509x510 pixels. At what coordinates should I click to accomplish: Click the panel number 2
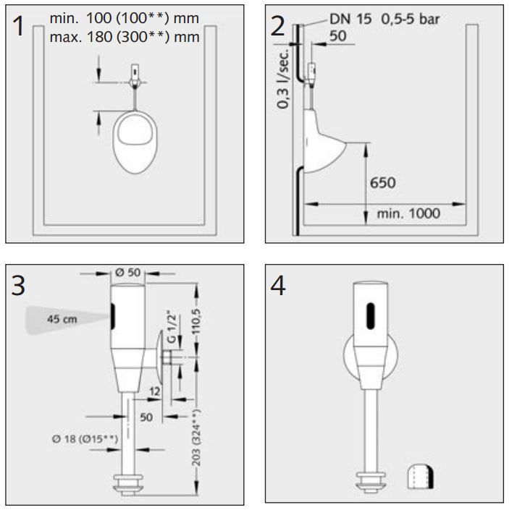pyautogui.click(x=277, y=26)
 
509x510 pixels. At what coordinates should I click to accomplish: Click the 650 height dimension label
pyautogui.click(x=383, y=182)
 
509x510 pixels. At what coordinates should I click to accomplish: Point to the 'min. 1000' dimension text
pyautogui.click(x=408, y=213)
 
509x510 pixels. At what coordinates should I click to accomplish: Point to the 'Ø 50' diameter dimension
pyautogui.click(x=129, y=273)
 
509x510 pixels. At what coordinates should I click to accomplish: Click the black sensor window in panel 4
pyautogui.click(x=371, y=314)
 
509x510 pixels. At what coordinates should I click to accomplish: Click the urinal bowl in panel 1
pyautogui.click(x=135, y=142)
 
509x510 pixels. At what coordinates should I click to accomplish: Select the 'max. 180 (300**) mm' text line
pyautogui.click(x=125, y=35)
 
